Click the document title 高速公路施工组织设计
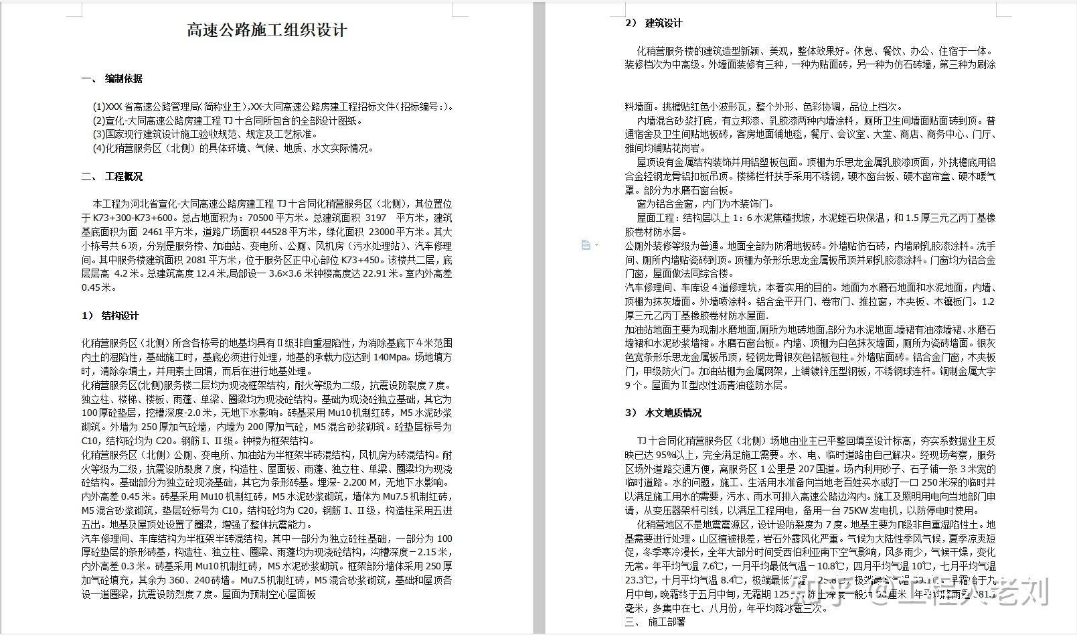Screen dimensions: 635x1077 [x=266, y=30]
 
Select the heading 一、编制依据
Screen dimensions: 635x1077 [x=112, y=78]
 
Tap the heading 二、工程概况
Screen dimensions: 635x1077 [x=112, y=176]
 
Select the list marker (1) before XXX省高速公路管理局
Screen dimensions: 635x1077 [x=99, y=107]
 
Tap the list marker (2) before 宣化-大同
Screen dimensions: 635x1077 [x=99, y=121]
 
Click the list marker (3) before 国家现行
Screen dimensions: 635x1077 [x=99, y=134]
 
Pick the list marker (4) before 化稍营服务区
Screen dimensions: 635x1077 [x=99, y=148]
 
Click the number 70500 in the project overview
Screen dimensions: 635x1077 [x=261, y=218]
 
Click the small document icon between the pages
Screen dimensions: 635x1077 [x=586, y=245]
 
